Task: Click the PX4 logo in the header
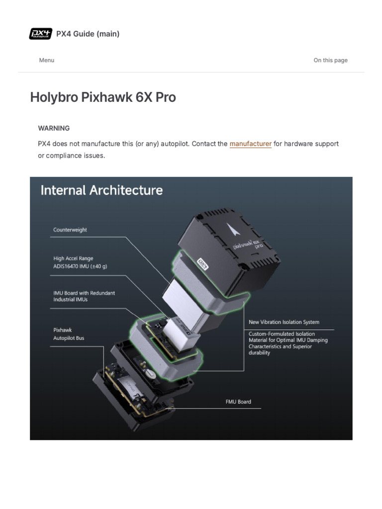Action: click(x=41, y=34)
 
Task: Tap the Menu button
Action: click(x=47, y=60)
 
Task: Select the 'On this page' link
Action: click(x=330, y=60)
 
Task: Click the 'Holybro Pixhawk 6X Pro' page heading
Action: click(x=103, y=97)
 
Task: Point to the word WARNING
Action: click(x=54, y=128)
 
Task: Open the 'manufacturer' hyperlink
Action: click(x=251, y=144)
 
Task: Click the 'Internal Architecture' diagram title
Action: click(x=101, y=190)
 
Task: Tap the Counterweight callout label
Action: click(x=70, y=230)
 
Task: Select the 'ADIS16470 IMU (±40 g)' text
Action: click(x=80, y=266)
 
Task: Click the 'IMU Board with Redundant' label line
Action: click(x=84, y=293)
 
